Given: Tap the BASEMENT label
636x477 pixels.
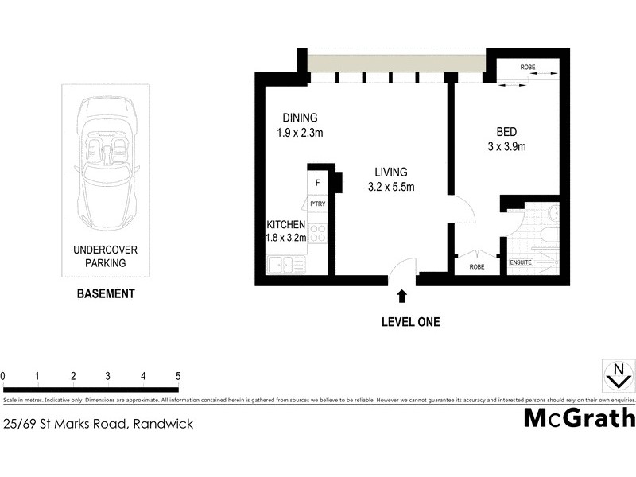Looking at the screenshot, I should point(105,293).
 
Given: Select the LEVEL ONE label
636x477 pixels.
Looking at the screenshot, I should point(409,322).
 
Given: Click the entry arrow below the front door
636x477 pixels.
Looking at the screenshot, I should point(401,296).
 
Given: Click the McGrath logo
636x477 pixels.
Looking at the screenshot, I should point(579,417).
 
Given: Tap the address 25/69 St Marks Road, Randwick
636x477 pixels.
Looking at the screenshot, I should point(99,424).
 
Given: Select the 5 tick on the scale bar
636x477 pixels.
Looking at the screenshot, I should point(178,376).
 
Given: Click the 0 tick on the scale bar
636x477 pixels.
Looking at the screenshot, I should point(3,376).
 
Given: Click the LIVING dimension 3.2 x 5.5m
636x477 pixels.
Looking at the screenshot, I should point(391,188).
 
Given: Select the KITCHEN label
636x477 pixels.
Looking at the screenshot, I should point(286,225).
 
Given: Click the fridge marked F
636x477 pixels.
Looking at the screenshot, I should point(318,184).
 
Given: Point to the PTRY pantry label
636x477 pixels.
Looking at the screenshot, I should point(318,204).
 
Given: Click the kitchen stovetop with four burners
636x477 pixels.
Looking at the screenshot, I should point(318,234).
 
